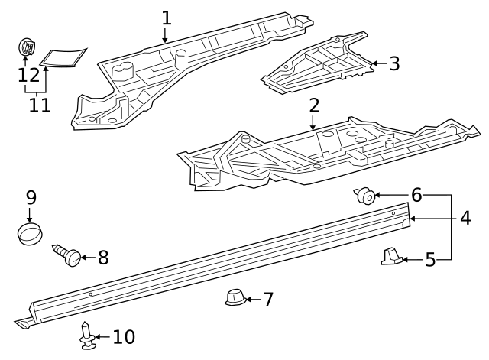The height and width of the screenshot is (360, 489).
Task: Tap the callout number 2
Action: point(313,105)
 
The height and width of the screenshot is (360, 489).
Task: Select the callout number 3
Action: point(393,63)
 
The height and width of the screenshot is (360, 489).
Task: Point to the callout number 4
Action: point(465,218)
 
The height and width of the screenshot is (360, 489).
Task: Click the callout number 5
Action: point(429,261)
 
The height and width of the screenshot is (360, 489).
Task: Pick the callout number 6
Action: point(416,195)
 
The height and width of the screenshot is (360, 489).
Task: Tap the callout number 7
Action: point(267,299)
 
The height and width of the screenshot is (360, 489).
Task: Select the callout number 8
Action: point(102,258)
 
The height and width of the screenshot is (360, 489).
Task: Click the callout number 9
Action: point(30,197)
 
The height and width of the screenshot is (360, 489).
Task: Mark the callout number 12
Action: point(28,76)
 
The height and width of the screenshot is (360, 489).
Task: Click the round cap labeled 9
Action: point(30,232)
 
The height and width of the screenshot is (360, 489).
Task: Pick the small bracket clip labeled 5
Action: point(390,258)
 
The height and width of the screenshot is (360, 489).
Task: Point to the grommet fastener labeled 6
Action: point(365,197)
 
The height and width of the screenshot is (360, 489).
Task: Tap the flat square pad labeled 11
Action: point(63,57)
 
